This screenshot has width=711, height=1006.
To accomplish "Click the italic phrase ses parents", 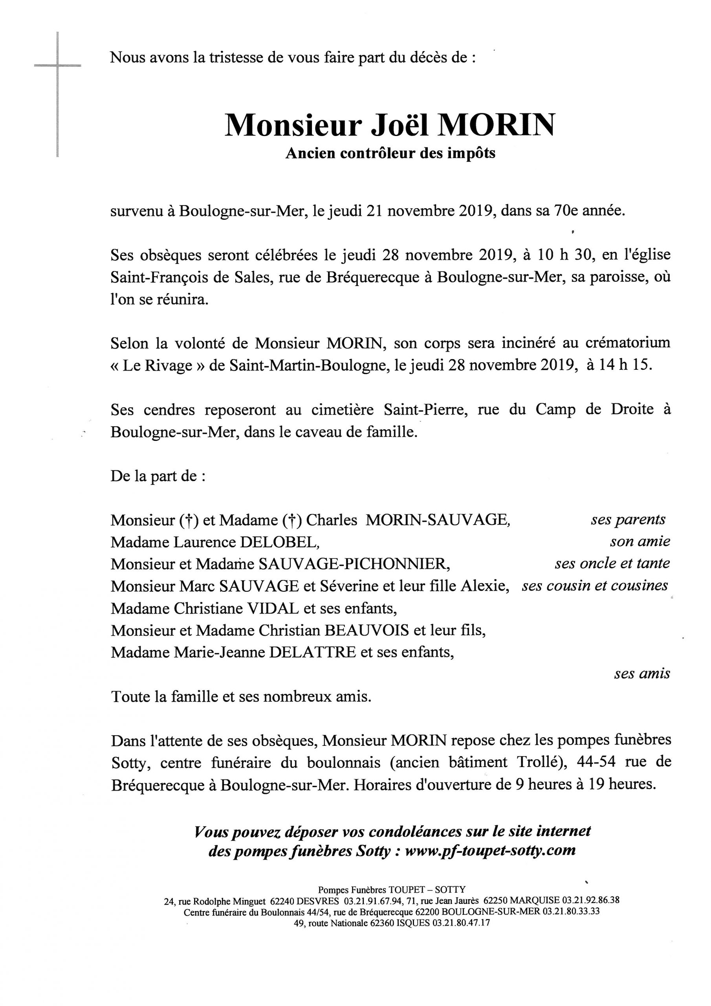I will pyautogui.click(x=628, y=520).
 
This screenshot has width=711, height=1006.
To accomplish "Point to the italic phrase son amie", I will pyautogui.click(x=640, y=542).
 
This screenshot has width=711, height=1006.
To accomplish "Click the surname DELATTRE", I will pyautogui.click(x=312, y=652).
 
